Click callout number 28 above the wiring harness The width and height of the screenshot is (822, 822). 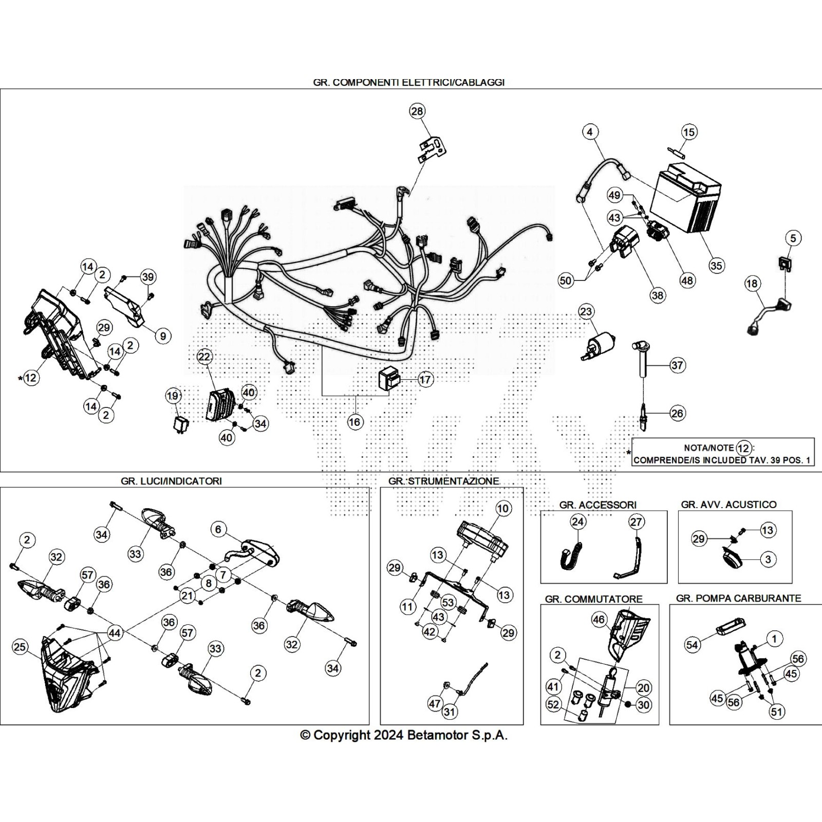(418, 111)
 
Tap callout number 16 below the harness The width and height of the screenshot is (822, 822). (355, 422)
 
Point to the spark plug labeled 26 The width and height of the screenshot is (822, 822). (642, 413)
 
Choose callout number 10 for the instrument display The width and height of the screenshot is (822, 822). (503, 509)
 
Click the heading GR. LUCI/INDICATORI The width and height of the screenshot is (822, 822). (172, 481)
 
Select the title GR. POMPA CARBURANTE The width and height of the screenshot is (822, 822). (738, 598)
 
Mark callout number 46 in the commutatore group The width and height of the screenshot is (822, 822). (599, 620)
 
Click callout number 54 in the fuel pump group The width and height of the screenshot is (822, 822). (693, 644)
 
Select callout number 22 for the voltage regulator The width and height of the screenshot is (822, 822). (204, 357)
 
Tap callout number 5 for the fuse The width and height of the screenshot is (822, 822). (793, 238)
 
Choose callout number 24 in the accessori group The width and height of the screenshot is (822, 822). (578, 522)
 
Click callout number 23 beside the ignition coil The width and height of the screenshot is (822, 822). (586, 311)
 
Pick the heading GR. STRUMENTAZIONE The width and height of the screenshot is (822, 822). (443, 481)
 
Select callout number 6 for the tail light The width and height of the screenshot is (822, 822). (218, 529)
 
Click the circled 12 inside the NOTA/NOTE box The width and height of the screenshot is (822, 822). (743, 448)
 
